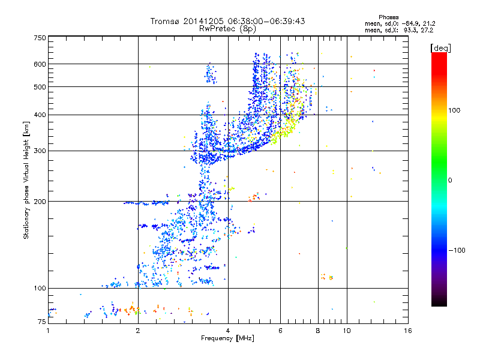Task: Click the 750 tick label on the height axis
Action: [40, 38]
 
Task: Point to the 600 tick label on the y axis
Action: [40, 64]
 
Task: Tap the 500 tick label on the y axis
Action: [40, 86]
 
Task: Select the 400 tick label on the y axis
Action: [40, 115]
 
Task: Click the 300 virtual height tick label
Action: [40, 151]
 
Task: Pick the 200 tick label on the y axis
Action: [40, 201]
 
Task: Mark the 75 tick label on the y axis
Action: [41, 322]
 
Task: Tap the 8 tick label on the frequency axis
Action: [318, 331]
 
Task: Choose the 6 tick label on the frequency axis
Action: [281, 331]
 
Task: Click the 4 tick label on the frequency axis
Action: [228, 331]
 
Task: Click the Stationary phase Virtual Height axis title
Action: [26, 179]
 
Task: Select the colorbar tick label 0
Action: [450, 180]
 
